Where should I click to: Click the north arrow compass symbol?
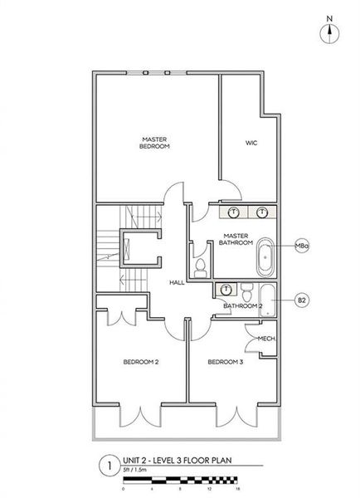click(330, 31)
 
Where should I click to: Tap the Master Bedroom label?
click(155, 142)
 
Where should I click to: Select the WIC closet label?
click(251, 143)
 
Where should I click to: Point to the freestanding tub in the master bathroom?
click(266, 258)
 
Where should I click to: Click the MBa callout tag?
click(303, 247)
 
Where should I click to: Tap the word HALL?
click(176, 283)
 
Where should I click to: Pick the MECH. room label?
click(266, 338)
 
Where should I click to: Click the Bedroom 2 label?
click(141, 362)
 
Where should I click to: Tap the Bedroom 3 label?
click(225, 362)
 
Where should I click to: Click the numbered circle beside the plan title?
click(105, 466)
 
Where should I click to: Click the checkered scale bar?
click(180, 480)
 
